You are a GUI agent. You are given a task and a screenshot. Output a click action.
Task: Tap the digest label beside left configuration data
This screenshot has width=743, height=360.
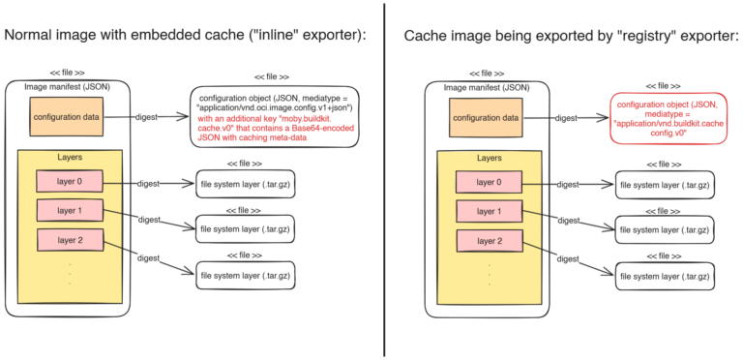(148, 117)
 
